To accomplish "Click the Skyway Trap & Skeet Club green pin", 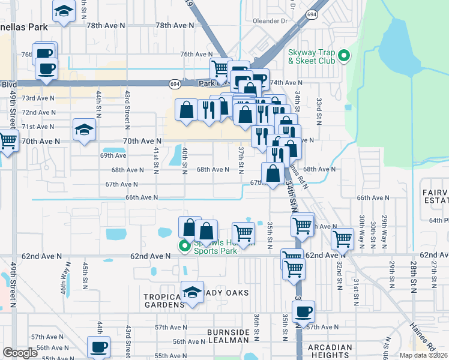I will (344, 56).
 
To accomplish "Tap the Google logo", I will (20, 353).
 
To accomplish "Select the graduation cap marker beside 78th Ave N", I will (62, 11).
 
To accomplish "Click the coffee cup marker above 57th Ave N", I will (304, 312).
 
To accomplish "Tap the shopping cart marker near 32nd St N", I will (343, 238).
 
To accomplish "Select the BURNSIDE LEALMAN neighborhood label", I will (228, 336).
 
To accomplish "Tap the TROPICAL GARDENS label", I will (163, 301).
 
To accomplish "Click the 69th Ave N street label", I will (113, 155).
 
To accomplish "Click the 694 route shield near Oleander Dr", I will (311, 13).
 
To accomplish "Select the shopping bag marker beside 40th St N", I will (187, 110).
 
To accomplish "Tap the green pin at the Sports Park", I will (184, 247).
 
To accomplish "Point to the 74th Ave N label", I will (286, 83).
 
